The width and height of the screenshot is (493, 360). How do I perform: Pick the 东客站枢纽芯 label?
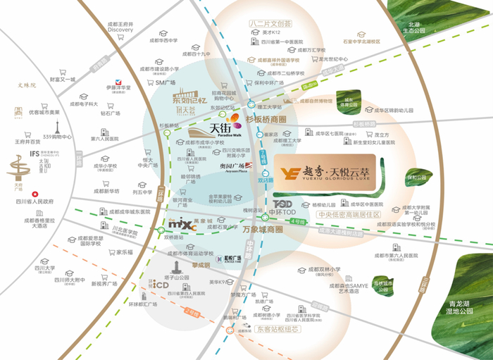(x=258, y=328)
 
